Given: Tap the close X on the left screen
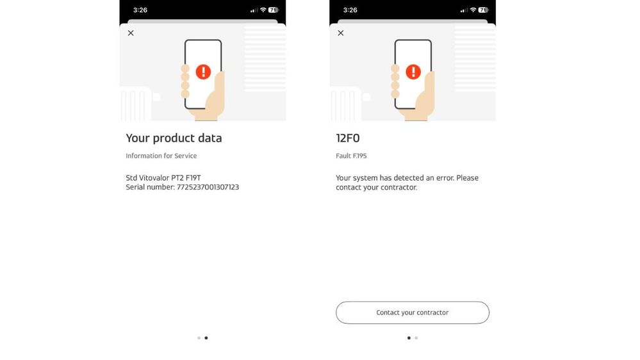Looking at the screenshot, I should (x=131, y=33).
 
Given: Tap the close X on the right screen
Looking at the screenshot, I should (x=341, y=33).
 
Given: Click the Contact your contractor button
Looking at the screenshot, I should (x=412, y=313).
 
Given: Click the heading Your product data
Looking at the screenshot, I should (x=174, y=138).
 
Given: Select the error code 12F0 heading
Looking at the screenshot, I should (x=348, y=138).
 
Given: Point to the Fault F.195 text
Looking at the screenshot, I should (x=351, y=156).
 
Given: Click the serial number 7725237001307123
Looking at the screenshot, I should (x=208, y=187).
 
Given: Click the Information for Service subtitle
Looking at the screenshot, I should (x=161, y=156).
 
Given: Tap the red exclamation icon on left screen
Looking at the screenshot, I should (x=203, y=71).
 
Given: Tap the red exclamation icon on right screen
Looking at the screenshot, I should (x=413, y=71).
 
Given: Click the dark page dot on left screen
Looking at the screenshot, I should (x=206, y=338).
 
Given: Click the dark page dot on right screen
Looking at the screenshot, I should (x=409, y=338).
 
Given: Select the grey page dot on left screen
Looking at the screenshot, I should (x=199, y=338).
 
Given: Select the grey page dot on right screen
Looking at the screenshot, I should (x=416, y=338).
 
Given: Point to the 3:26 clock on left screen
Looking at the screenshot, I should (x=140, y=10).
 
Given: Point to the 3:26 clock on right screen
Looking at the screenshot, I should (x=350, y=10).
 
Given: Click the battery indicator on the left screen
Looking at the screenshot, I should (x=273, y=10).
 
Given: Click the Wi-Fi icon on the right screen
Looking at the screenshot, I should (x=473, y=10).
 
